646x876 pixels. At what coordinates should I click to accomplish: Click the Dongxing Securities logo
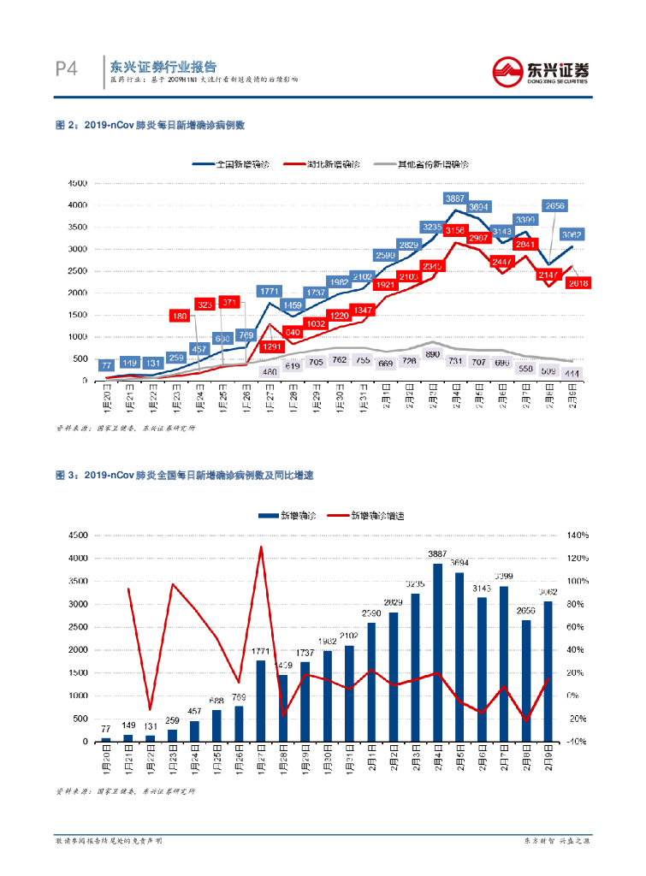pyautogui.click(x=543, y=71)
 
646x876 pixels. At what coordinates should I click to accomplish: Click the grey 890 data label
pyautogui.click(x=432, y=353)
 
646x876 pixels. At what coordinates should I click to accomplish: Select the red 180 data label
pyautogui.click(x=180, y=317)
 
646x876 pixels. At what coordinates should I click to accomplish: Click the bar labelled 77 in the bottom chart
pyautogui.click(x=106, y=739)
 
